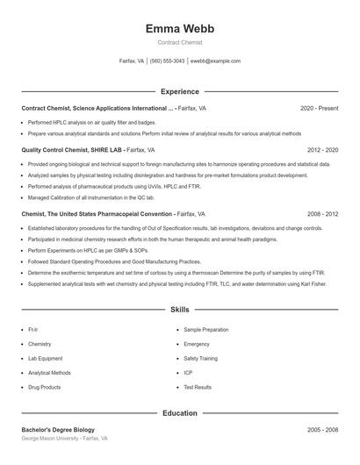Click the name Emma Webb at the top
[x=180, y=28]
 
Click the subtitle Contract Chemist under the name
[x=180, y=42]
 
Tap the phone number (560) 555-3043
[x=167, y=61]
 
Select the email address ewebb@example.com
[x=215, y=61]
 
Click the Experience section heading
[x=180, y=91]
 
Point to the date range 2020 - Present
[x=319, y=109]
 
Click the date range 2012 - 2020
[x=322, y=150]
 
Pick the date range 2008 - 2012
[x=322, y=213]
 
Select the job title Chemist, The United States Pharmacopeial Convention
[x=97, y=213]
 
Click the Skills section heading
[x=180, y=310]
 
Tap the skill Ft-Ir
[x=33, y=330]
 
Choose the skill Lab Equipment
[x=45, y=358]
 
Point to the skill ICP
[x=188, y=373]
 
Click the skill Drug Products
[x=44, y=387]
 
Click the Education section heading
[x=180, y=412]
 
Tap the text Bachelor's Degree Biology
[x=58, y=430]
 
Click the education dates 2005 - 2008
[x=322, y=430]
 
